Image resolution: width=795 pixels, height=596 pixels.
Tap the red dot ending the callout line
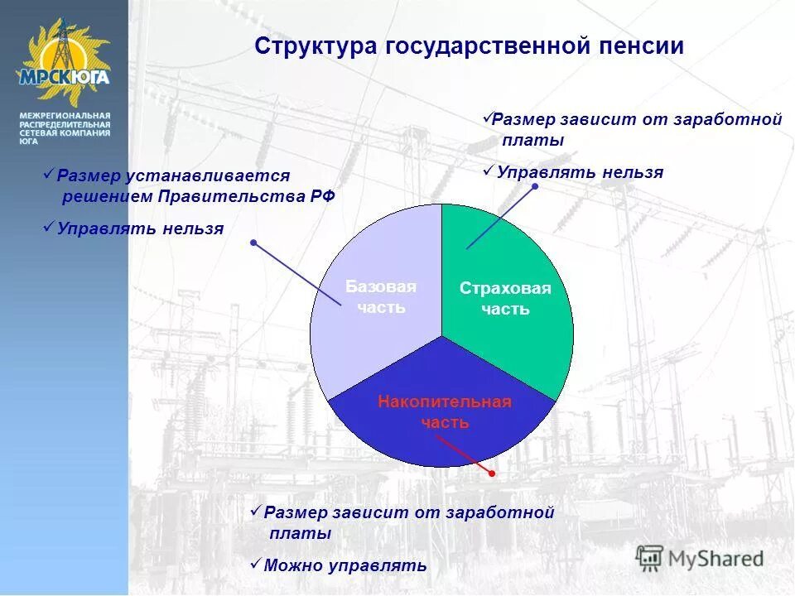pyautogui.click(x=491, y=473)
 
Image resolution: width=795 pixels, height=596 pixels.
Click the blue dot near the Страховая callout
pyautogui.click(x=535, y=187)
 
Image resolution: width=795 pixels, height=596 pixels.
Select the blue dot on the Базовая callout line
pyautogui.click(x=253, y=243)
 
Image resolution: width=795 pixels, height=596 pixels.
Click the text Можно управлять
pyautogui.click(x=344, y=566)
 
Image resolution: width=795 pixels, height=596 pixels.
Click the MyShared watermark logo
pyautogui.click(x=700, y=559)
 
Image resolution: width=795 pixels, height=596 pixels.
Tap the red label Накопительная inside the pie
pyautogui.click(x=445, y=402)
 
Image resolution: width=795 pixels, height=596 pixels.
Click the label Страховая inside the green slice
pyautogui.click(x=505, y=288)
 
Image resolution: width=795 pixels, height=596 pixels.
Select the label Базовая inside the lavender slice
pyautogui.click(x=381, y=286)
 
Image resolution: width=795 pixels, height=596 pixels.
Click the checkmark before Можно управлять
pyautogui.click(x=256, y=564)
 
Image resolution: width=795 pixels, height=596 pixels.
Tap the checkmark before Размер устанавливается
pyautogui.click(x=49, y=174)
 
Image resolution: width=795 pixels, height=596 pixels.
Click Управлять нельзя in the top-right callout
pyautogui.click(x=580, y=172)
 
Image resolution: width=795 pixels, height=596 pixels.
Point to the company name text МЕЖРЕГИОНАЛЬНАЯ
pyautogui.click(x=65, y=114)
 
